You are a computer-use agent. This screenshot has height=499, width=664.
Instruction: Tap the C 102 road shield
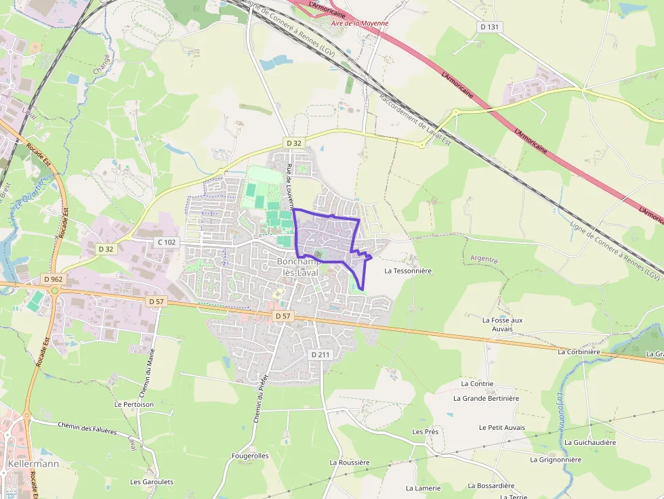167,242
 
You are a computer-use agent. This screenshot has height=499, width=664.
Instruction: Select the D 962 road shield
52,278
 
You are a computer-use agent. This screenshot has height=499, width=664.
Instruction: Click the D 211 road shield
320,355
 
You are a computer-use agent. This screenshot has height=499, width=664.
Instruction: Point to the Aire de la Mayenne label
360,23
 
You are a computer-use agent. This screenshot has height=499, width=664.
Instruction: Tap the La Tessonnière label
408,270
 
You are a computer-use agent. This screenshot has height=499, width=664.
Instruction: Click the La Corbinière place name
579,352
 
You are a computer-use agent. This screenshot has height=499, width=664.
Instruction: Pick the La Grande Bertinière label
486,398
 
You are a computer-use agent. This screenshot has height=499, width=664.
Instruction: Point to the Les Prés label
425,431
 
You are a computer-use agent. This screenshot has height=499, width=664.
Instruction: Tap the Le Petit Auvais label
501,427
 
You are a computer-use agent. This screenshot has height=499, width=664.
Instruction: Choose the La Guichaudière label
590,442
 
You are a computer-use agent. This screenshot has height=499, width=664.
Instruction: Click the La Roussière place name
350,462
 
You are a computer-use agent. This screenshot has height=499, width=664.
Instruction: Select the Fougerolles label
250,456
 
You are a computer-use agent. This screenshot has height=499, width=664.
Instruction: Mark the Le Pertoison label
134,404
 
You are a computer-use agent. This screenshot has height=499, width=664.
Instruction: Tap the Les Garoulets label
152,482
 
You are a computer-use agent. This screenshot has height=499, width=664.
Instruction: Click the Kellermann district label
34,464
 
